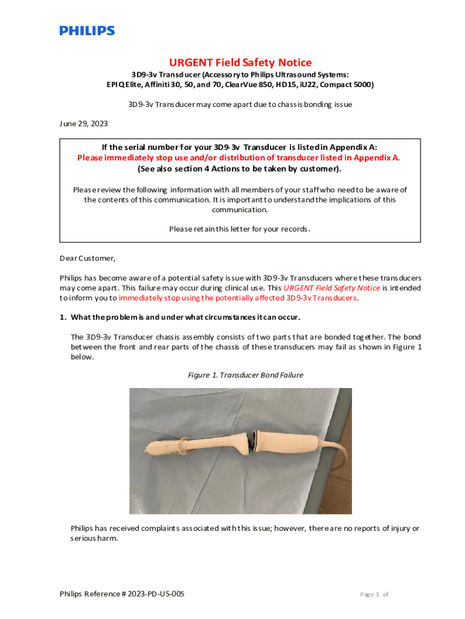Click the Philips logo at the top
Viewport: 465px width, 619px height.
click(x=87, y=30)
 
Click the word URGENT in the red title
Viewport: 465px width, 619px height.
click(x=188, y=62)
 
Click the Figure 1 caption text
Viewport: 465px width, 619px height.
click(x=245, y=375)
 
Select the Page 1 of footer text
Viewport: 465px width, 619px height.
click(x=374, y=594)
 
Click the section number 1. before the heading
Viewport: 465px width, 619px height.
click(x=63, y=317)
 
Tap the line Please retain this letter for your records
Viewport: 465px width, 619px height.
click(x=240, y=228)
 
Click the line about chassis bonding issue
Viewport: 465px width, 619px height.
click(x=240, y=104)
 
